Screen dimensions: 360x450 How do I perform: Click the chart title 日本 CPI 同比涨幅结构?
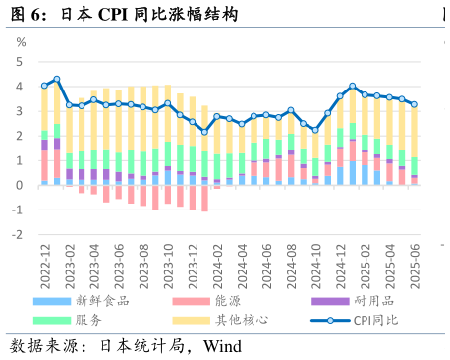pyautogui.click(x=147, y=15)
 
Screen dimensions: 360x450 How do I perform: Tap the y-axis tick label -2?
pyautogui.click(x=16, y=235)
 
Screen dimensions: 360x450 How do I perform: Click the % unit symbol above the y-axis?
pyautogui.click(x=21, y=43)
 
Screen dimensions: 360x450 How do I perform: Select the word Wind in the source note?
pyautogui.click(x=222, y=347)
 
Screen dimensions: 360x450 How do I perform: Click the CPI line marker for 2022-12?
pyautogui.click(x=44, y=86)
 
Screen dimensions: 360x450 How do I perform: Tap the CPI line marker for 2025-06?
pyautogui.click(x=414, y=104)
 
